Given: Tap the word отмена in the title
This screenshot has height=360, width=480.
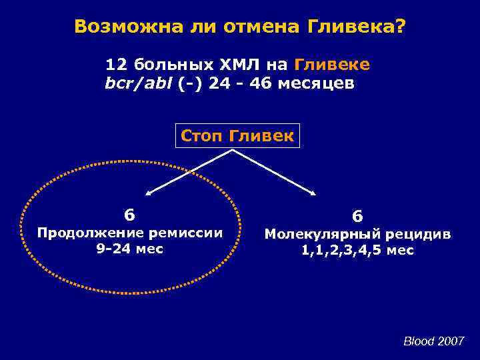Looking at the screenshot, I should (x=250, y=27).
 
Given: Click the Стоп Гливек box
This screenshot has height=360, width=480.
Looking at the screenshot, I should (x=237, y=136).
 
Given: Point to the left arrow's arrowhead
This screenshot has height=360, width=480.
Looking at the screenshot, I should (x=149, y=193).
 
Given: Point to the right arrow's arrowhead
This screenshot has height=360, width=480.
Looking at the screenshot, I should (x=315, y=193).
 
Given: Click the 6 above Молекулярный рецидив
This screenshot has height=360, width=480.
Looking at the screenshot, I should (x=357, y=217).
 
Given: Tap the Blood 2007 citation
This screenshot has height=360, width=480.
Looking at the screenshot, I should (x=434, y=341).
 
